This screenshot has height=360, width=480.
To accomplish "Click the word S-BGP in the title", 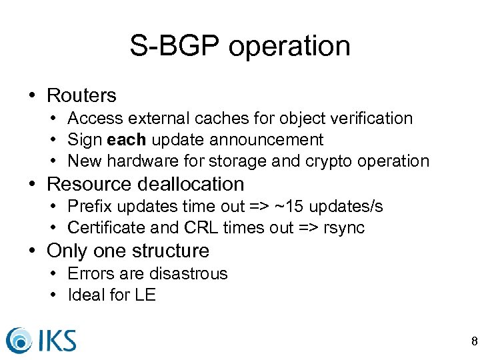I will coord(175,46).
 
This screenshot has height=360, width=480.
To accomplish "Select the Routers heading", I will coord(81,95).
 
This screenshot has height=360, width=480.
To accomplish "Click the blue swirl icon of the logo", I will coord(19,339).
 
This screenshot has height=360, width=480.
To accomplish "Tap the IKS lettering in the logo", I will coord(55,339).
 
